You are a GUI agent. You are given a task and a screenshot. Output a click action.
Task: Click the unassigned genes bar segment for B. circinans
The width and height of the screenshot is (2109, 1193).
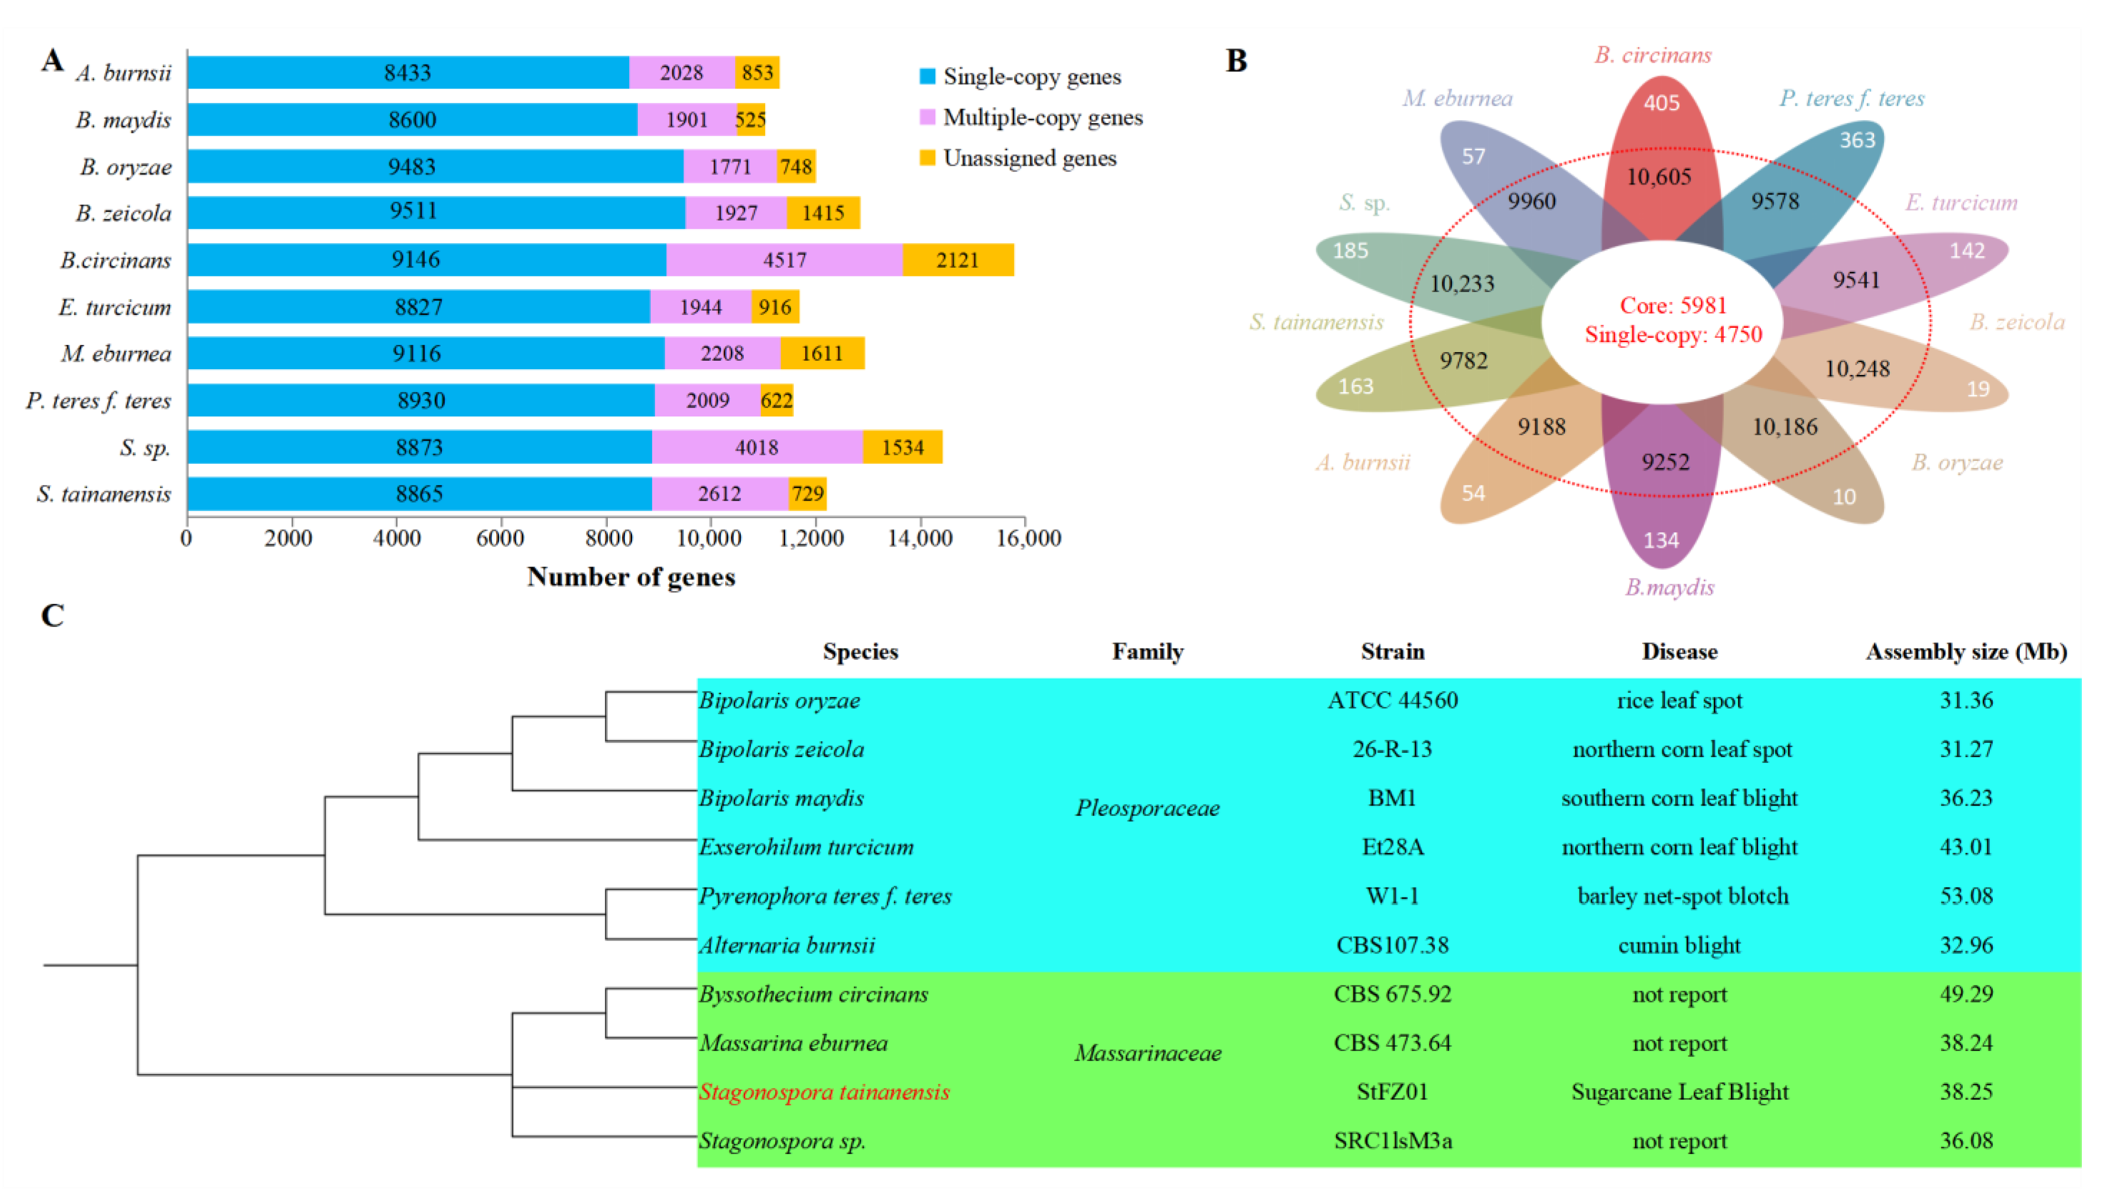[x=957, y=260]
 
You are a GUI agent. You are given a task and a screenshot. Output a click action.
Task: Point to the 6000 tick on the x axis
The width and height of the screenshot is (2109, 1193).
[x=500, y=538]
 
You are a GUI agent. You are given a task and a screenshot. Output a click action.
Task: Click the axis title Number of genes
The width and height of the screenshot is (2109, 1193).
[x=630, y=577]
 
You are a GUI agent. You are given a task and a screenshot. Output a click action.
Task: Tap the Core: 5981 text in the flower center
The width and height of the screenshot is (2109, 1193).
[x=1673, y=305]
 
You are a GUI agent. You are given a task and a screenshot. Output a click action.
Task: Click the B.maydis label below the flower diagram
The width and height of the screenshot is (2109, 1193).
[x=1669, y=587]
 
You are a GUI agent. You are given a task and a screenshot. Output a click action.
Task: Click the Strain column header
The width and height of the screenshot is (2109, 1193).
[x=1392, y=651]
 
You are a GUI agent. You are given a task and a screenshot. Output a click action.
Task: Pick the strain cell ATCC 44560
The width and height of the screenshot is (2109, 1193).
[x=1392, y=700]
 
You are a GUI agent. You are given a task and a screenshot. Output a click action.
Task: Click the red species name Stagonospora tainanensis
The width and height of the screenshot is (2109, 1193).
[x=824, y=1092]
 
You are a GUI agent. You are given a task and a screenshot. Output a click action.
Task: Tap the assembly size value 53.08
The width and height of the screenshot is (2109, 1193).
[x=1966, y=896]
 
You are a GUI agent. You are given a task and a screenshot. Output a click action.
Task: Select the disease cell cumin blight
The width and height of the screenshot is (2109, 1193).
[x=1679, y=945]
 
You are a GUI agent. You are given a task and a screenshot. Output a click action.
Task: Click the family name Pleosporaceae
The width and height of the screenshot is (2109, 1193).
[x=1147, y=808]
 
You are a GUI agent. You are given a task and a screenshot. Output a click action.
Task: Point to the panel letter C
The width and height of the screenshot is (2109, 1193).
[x=52, y=616]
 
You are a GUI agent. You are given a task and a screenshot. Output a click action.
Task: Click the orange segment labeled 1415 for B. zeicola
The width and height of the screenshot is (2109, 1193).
[x=822, y=213]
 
